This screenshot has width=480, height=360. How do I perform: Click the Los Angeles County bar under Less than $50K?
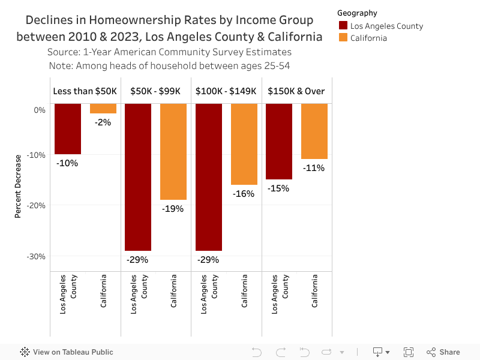click(67, 129)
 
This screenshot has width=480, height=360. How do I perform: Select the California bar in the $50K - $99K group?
click(173, 151)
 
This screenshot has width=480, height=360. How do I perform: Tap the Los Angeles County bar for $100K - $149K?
click(208, 177)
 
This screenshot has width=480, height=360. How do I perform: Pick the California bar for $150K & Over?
click(314, 131)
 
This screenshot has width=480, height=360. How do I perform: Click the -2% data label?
click(103, 122)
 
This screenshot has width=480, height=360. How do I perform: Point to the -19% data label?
click(173, 209)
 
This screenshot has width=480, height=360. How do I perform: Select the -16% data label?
click(244, 194)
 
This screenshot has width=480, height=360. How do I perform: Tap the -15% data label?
click(278, 188)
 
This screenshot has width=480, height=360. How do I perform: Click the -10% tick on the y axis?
click(38, 155)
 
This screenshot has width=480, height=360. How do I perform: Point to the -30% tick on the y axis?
click(38, 256)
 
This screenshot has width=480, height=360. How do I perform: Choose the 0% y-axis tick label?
click(40, 110)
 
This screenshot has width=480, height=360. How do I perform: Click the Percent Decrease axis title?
click(18, 186)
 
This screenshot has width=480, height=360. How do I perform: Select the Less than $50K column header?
click(85, 91)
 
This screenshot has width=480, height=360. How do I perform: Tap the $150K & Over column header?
click(296, 91)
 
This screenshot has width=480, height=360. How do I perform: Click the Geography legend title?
click(357, 13)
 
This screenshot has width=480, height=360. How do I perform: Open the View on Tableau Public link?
click(67, 352)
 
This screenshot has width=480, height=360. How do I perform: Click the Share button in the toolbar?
click(443, 352)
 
